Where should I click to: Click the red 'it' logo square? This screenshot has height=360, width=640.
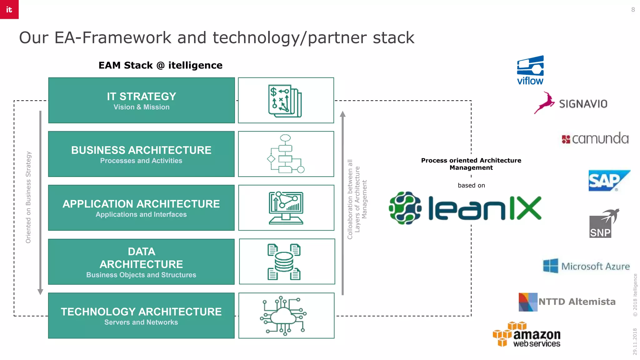coord(9,9)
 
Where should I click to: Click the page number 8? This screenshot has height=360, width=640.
coord(633,10)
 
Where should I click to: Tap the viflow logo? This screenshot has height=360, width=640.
coord(530,70)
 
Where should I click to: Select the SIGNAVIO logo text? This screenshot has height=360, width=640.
coord(583,104)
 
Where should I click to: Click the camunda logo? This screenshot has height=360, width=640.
coord(595,138)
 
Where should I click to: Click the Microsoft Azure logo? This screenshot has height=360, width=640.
coord(586,266)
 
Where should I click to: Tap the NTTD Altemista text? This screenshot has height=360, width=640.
coord(577,302)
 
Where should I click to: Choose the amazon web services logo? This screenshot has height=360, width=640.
coord(527,335)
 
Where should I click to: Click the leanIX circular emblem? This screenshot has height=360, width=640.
coord(405,208)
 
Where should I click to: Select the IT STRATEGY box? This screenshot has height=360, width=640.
coord(141,100)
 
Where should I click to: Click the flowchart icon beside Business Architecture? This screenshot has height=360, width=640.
coord(286,154)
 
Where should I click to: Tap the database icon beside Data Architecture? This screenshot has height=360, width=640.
coord(284,262)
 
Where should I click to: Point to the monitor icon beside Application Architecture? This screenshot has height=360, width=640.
coord(286,208)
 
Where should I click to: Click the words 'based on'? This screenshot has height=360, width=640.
coord(471,185)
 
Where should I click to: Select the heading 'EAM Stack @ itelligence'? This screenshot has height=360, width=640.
coord(160,65)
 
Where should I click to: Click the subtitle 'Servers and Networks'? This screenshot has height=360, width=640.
coord(141,322)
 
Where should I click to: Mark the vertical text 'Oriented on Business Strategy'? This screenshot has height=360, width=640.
coord(28,197)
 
